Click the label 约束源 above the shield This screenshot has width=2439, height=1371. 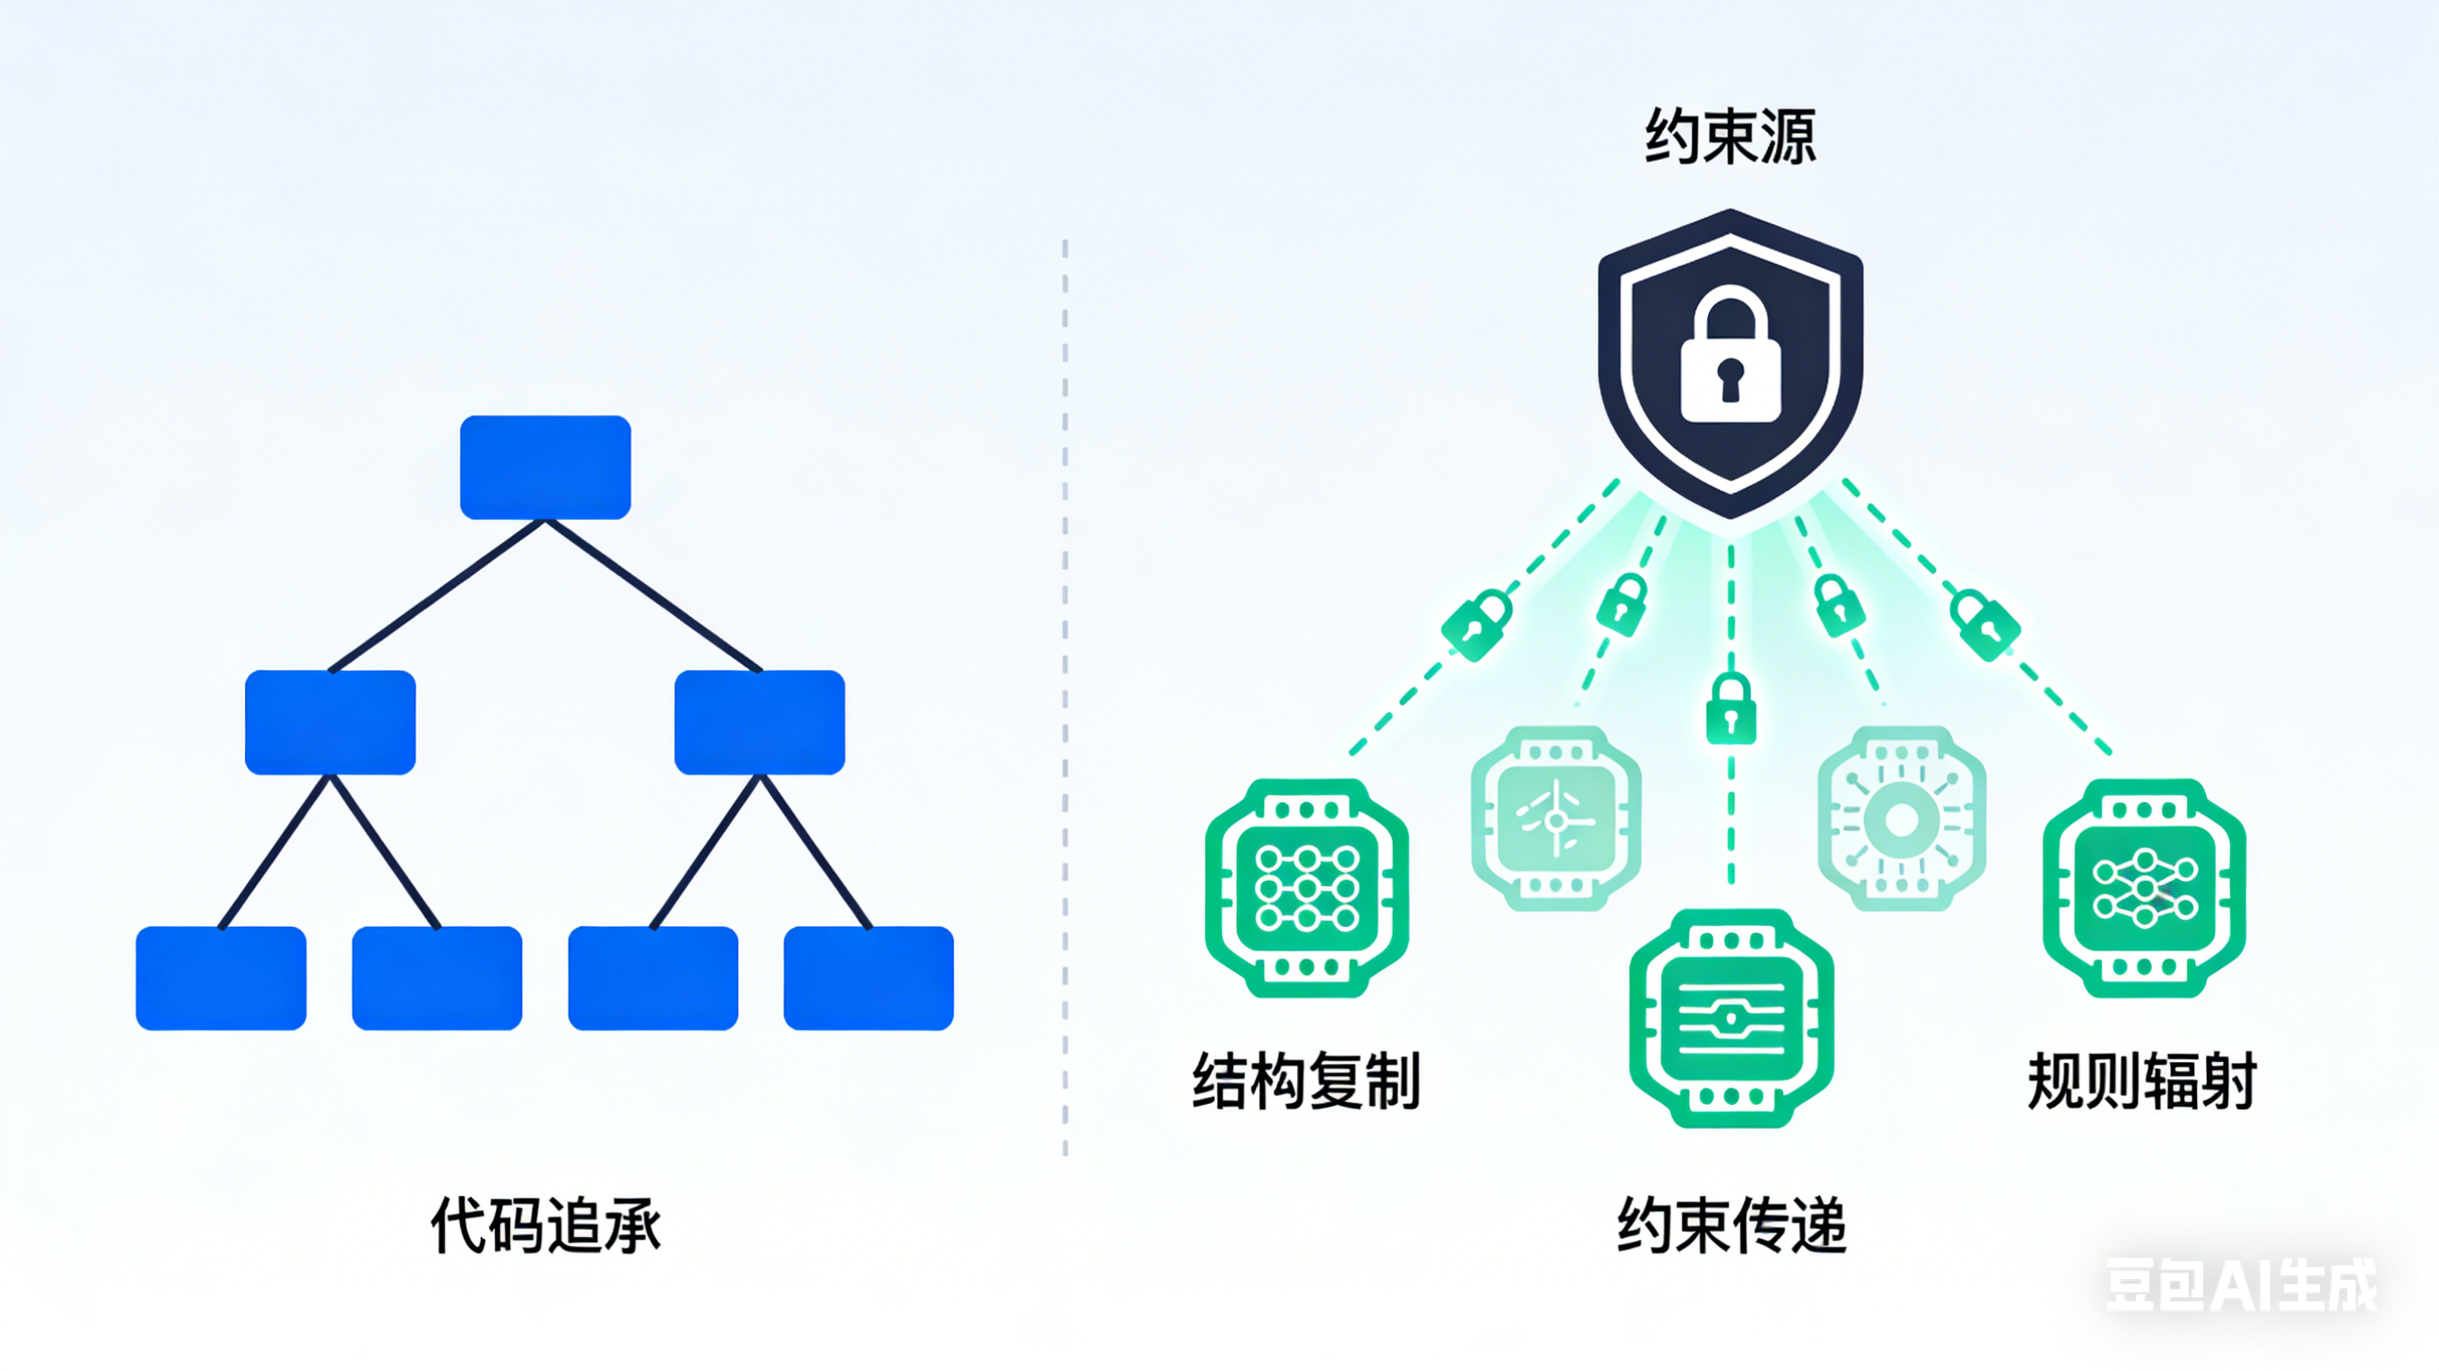coord(1730,138)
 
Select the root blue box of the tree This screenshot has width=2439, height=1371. coord(545,467)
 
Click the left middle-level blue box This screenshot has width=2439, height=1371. coord(331,723)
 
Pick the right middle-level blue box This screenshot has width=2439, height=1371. coord(759,723)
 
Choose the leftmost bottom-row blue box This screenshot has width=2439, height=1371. coord(221,978)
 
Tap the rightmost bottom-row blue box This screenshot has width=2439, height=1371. coord(868,978)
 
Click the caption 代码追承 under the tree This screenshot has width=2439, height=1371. coord(545,1226)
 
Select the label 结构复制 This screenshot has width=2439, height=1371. coord(1306,1082)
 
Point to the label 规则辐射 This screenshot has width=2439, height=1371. coord(2142,1082)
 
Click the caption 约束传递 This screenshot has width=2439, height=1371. coord(1731,1226)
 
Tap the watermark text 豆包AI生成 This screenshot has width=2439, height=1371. coord(2240,1285)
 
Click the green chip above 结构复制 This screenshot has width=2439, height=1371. coord(1306,888)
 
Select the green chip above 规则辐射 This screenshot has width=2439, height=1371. coord(2143,888)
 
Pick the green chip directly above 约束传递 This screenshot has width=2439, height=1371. coord(1731,1019)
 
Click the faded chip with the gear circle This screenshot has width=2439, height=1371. coord(1901,819)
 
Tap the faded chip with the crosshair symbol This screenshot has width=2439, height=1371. coord(1555,819)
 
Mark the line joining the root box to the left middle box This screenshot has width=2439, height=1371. coord(438,596)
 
